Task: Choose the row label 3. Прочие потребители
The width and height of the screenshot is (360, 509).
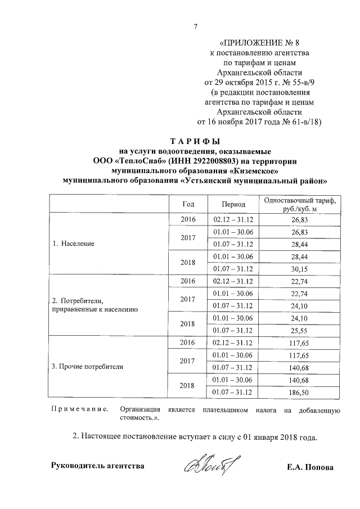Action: (87, 366)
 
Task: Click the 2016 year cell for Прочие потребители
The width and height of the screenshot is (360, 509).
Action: (187, 341)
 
